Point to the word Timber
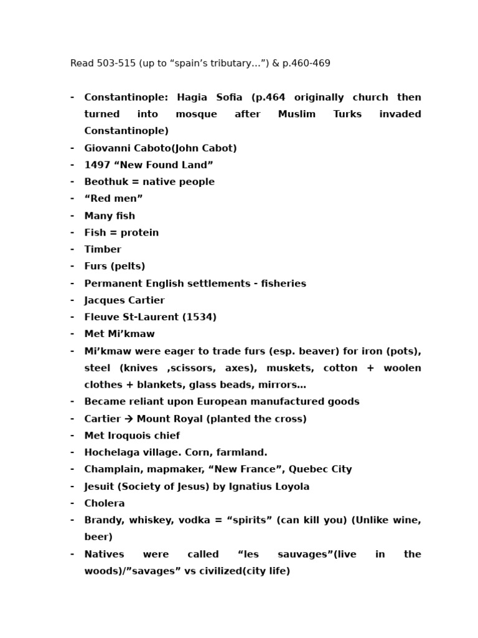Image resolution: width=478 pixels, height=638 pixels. point(103,249)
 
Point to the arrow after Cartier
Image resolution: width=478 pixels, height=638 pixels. point(129,419)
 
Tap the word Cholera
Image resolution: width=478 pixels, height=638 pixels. point(105,503)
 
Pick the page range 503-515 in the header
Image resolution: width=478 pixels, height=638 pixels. point(115,63)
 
